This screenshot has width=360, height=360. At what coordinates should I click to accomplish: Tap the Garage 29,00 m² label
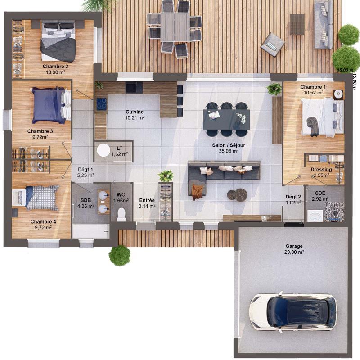pyautogui.click(x=294, y=249)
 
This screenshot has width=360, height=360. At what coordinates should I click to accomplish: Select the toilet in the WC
pyautogui.click(x=121, y=215)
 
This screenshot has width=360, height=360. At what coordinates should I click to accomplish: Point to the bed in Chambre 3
pyautogui.click(x=48, y=105)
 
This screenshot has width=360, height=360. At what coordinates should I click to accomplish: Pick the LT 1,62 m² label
pyautogui.click(x=119, y=151)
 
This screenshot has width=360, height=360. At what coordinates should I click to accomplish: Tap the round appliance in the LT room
pyautogui.click(x=104, y=150)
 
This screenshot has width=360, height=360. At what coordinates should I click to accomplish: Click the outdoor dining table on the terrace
pyautogui.click(x=175, y=27)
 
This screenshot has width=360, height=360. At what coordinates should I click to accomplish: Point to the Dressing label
pyautogui.click(x=321, y=172)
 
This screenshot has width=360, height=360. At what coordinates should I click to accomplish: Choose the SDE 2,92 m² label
pyautogui.click(x=320, y=196)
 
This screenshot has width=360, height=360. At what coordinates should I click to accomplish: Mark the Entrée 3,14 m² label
pyautogui.click(x=147, y=203)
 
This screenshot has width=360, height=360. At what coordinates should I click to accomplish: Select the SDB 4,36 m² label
pyautogui.click(x=85, y=203)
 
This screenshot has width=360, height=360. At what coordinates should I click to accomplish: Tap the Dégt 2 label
pyautogui.click(x=293, y=199)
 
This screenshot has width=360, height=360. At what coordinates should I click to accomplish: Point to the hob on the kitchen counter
pyautogui.click(x=101, y=104)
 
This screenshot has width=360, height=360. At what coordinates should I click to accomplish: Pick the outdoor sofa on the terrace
pyautogui.click(x=324, y=24)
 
